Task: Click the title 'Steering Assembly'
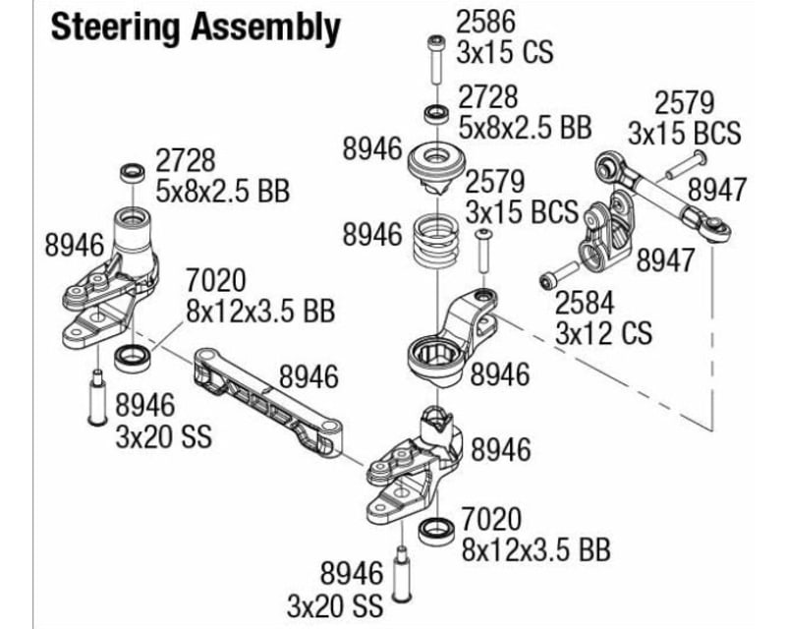click(x=196, y=28)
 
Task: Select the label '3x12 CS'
click(x=603, y=333)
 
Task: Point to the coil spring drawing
click(x=432, y=240)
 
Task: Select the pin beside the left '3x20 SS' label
click(x=97, y=398)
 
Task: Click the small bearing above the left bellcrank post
click(x=130, y=173)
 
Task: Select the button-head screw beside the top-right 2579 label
click(x=686, y=163)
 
